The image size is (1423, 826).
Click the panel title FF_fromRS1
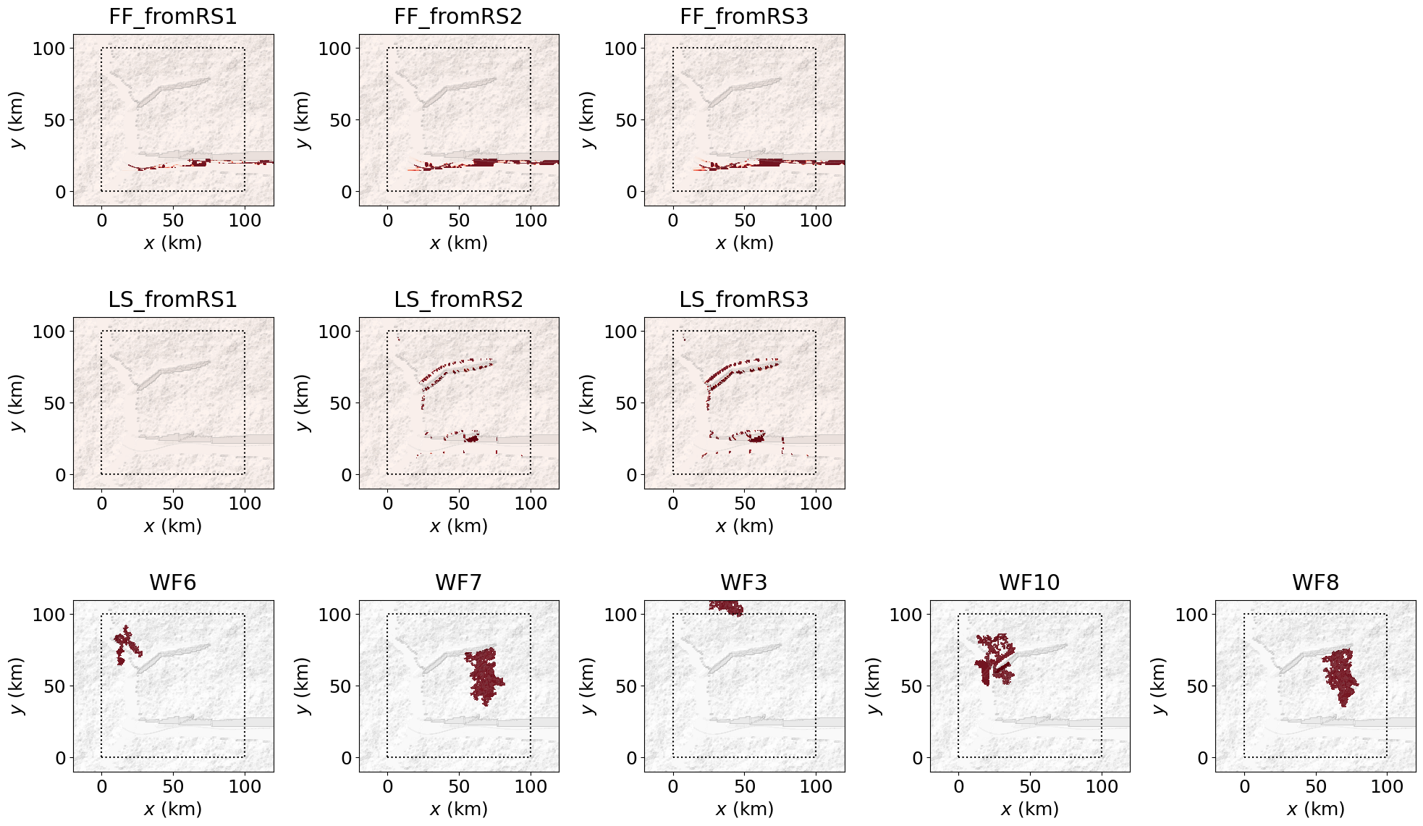coord(173,17)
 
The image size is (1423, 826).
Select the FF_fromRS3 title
coord(744,17)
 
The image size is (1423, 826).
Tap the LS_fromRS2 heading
coord(458,300)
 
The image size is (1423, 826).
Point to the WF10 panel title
coord(1029,583)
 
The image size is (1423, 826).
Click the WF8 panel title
coord(1315,583)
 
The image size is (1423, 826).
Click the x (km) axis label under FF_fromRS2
coord(458,243)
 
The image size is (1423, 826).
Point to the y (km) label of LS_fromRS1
coord(17,403)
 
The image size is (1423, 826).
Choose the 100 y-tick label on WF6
coord(49,615)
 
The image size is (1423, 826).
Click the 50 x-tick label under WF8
coord(1315,786)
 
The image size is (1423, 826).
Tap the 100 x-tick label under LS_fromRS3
coord(816,503)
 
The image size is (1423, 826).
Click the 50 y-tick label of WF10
coord(911,686)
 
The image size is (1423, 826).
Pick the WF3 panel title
coord(744,583)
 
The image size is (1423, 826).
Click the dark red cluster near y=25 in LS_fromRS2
coord(472,438)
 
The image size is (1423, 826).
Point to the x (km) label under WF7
coord(458,809)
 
